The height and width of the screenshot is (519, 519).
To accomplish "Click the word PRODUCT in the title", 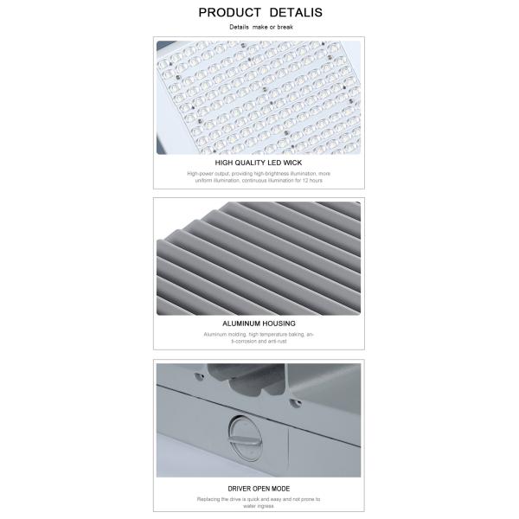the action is tap(229, 13).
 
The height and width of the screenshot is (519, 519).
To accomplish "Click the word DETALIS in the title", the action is tap(296, 13).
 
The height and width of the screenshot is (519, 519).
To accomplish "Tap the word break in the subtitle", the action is tap(285, 27).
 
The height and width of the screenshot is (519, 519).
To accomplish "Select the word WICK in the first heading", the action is tap(292, 163).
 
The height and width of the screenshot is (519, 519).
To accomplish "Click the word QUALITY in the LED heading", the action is tap(248, 163).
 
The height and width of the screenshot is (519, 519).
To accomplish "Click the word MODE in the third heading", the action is tap(280, 489).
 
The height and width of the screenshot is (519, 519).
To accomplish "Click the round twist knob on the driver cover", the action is tap(246, 439).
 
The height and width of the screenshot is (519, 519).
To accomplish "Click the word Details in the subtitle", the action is tap(239, 27).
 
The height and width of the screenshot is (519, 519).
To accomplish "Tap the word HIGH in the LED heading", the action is tap(223, 163).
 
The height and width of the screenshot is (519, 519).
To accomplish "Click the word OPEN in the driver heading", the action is tap(260, 489).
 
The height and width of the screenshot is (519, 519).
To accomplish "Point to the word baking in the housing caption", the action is tap(297, 334).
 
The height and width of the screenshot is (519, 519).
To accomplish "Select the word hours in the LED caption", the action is tap(316, 181).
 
